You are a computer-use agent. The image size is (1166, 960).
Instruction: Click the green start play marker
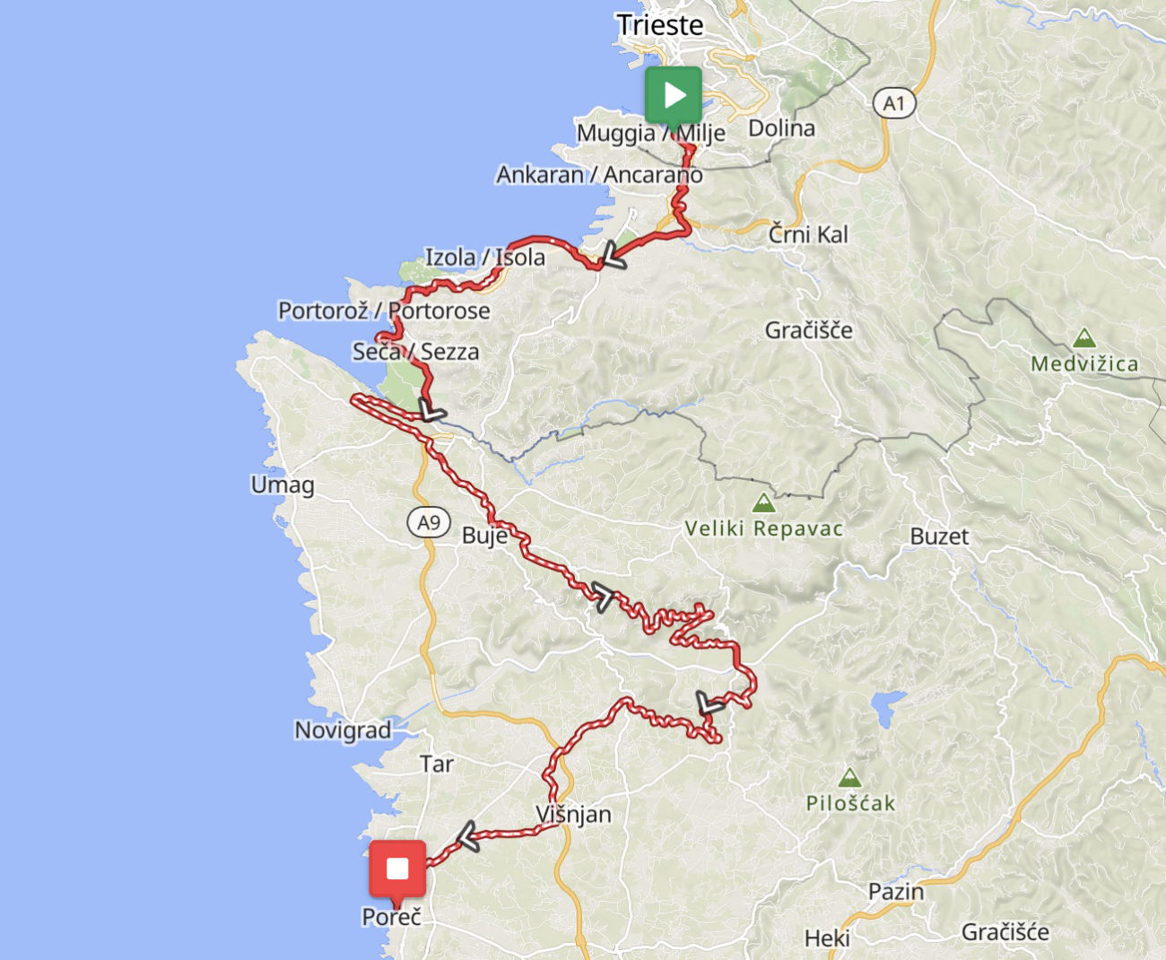tap(673, 94)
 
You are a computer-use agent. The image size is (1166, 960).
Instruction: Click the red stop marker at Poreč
tap(397, 868)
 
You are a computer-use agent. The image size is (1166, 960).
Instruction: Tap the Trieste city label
tap(660, 25)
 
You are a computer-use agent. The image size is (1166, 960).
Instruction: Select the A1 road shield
tap(894, 103)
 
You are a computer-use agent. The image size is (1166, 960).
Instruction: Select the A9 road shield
tap(429, 522)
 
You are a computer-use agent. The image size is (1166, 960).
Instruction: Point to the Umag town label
tap(283, 485)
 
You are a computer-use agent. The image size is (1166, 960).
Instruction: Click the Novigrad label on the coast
tap(343, 730)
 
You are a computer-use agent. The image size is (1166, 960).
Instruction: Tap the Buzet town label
tap(939, 537)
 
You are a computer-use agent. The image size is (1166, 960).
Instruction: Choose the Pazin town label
tap(895, 892)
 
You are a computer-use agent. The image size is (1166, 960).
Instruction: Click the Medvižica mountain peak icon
tap(1084, 338)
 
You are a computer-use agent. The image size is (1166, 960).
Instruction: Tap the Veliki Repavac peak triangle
tap(763, 502)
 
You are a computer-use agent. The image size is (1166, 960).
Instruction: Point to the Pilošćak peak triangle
tap(849, 777)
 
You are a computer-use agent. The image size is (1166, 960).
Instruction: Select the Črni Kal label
tap(808, 234)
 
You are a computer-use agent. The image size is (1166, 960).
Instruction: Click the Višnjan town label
tap(573, 815)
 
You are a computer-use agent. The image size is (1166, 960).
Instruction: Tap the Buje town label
tap(484, 537)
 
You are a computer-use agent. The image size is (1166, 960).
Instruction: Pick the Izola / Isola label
tap(484, 257)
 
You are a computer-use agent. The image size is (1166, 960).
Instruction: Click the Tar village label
tap(437, 764)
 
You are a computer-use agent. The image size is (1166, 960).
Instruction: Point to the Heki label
tap(827, 938)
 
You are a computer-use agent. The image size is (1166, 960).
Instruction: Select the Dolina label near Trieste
tap(781, 128)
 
